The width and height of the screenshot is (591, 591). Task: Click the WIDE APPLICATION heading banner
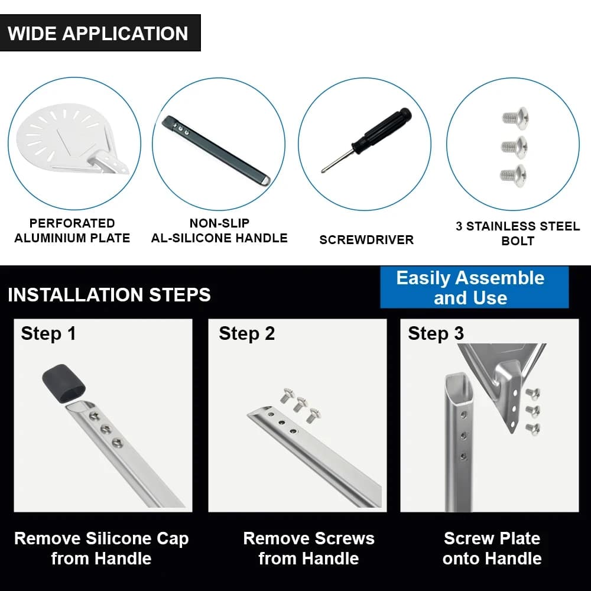pos(100,33)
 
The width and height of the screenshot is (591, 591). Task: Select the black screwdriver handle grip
pos(381,131)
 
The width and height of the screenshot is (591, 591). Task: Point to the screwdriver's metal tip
pos(323,170)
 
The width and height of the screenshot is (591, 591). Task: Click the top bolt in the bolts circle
pos(515,117)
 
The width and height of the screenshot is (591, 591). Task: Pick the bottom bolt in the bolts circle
pos(513,174)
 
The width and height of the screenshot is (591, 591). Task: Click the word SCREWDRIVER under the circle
pos(366,240)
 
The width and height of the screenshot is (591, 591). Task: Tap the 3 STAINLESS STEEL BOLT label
pos(518,233)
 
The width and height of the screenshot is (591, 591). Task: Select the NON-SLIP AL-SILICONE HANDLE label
pos(219,230)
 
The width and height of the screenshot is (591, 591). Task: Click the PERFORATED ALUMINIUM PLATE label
pos(72,230)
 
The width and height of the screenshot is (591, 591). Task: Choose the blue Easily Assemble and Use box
pos(474,288)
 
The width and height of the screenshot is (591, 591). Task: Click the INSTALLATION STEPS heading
pos(109,295)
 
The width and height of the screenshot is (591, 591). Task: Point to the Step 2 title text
pos(247,333)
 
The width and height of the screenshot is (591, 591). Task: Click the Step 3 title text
pos(436,333)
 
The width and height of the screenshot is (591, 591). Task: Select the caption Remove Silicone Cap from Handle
pos(102,548)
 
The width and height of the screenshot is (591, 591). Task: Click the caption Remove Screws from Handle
pos(309,548)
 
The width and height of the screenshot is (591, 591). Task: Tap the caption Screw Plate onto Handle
pos(492,548)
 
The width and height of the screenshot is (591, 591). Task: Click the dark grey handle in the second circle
pos(216,150)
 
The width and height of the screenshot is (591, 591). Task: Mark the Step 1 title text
pos(48,333)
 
